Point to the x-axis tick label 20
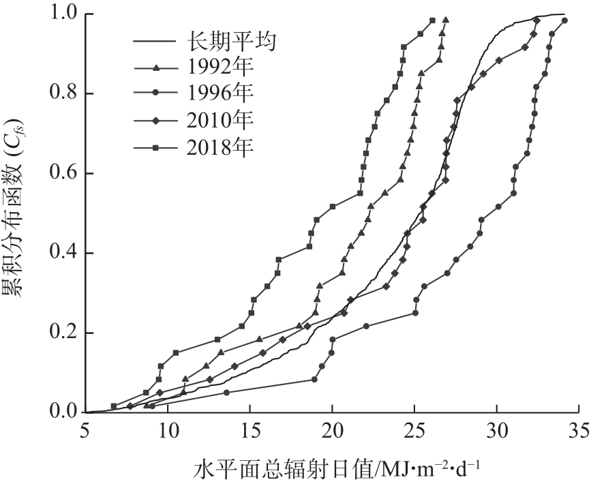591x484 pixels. click(x=332, y=432)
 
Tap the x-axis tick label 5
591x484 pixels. click(x=85, y=432)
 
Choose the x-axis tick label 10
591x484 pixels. click(x=168, y=432)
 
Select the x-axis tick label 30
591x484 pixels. click(x=497, y=432)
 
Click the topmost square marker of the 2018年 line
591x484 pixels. click(x=432, y=20)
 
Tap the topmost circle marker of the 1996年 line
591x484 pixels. click(x=564, y=20)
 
